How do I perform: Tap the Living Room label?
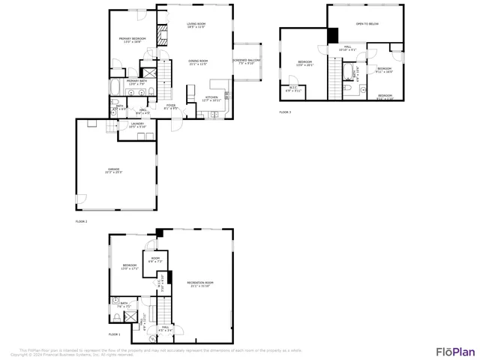[196, 25]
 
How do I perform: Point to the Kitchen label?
[211, 98]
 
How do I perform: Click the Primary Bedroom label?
[132, 40]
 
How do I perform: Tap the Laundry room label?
[137, 124]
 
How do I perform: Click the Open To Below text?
[367, 24]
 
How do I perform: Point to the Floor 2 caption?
[81, 222]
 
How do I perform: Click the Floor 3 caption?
[284, 112]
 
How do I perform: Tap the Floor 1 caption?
[114, 334]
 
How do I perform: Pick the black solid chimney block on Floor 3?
[333, 35]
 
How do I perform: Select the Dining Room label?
[198, 62]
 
